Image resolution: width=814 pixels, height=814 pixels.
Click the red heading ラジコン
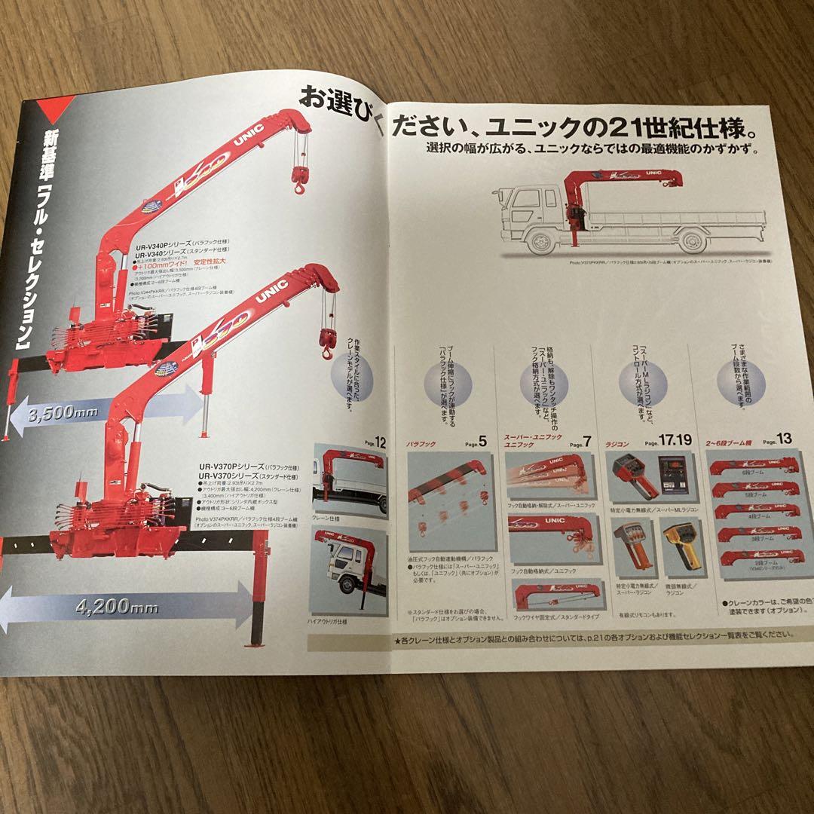(x=617, y=445)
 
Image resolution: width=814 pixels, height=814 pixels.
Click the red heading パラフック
(x=420, y=445)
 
